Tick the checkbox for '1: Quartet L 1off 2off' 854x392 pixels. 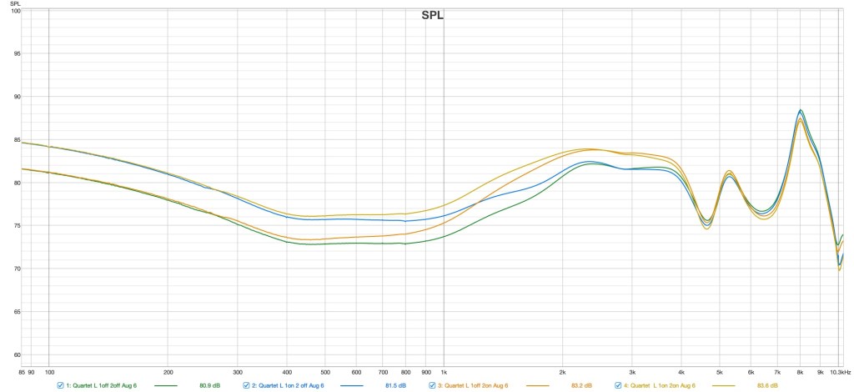pyautogui.click(x=60, y=385)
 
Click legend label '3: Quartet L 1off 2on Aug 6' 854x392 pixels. pyautogui.click(x=472, y=385)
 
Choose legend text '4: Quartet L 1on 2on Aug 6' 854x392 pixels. pyautogui.click(x=659, y=385)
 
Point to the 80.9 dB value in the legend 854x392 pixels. pyautogui.click(x=210, y=385)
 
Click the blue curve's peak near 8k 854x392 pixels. pyautogui.click(x=801, y=111)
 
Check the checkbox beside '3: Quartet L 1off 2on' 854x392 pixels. pyautogui.click(x=431, y=385)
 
